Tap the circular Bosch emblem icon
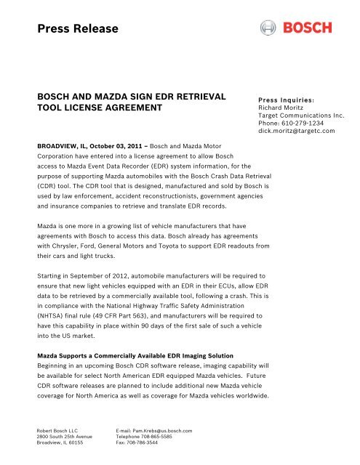pyautogui.click(x=268, y=28)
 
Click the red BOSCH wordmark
pyautogui.click(x=307, y=28)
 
